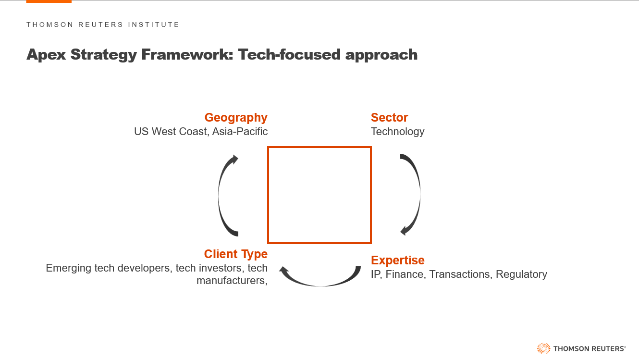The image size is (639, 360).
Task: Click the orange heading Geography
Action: click(x=236, y=118)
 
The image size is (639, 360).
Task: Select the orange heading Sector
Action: click(x=389, y=118)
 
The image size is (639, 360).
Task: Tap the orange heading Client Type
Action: click(x=236, y=254)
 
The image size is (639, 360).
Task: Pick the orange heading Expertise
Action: click(x=398, y=261)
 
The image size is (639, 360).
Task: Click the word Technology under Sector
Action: click(x=398, y=132)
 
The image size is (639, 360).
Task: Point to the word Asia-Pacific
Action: click(x=240, y=132)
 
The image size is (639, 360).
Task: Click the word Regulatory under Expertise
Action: click(x=521, y=274)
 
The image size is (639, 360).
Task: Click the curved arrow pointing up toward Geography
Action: click(x=219, y=196)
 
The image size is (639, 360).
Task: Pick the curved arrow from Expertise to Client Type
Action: click(x=319, y=285)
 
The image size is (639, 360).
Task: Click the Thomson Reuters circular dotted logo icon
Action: click(x=544, y=348)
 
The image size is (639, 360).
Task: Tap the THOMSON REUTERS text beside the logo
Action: click(x=589, y=348)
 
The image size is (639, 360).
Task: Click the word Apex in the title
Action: click(x=46, y=55)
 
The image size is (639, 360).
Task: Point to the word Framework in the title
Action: click(x=187, y=54)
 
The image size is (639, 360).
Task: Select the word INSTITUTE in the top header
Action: click(x=153, y=25)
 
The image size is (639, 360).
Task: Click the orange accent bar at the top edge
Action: click(x=49, y=1)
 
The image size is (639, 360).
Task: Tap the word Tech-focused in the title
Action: click(x=289, y=54)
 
